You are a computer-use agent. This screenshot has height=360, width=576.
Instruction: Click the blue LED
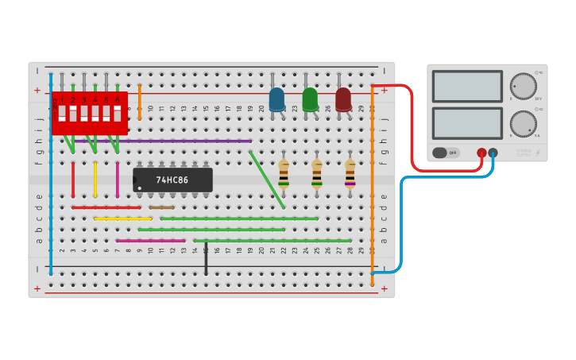click(276, 99)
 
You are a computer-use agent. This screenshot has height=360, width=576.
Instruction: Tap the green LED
click(310, 99)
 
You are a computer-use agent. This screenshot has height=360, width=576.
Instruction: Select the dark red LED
click(343, 99)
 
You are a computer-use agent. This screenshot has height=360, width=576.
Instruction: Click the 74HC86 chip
click(172, 180)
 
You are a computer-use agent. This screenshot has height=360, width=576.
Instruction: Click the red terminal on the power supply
click(481, 153)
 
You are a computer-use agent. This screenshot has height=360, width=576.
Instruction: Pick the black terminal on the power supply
click(493, 153)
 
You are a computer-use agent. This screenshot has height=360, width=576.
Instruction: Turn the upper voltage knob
click(523, 86)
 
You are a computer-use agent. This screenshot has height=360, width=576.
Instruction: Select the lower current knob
click(523, 123)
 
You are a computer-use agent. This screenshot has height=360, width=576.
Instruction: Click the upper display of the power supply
click(467, 86)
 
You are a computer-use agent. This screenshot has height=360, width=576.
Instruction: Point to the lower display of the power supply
click(467, 123)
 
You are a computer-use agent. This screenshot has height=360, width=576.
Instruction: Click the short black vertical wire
click(206, 258)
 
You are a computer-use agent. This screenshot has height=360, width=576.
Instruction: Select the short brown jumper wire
click(161, 207)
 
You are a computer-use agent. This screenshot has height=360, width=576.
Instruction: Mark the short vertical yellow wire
click(95, 179)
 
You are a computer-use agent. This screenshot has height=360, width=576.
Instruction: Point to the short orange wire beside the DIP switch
click(140, 102)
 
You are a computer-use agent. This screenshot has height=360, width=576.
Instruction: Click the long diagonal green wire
click(267, 179)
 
